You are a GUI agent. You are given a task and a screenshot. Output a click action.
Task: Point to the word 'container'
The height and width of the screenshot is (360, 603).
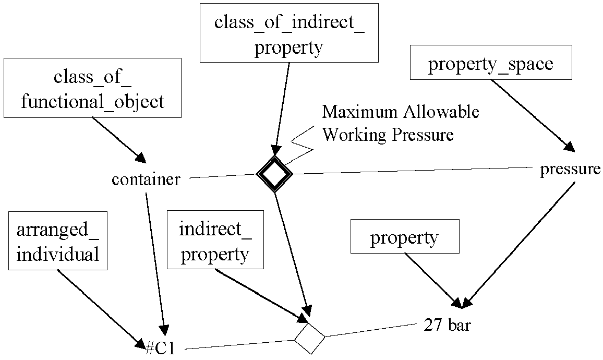[146, 179]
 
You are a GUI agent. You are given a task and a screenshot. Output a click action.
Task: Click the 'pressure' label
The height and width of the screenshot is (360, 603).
[570, 169]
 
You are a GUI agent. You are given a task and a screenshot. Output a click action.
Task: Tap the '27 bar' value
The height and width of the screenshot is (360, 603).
[447, 325]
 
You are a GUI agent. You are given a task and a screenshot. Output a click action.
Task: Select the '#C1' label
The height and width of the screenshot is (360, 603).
[161, 348]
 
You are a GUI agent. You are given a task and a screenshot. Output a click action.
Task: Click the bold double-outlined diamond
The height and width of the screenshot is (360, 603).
[274, 157]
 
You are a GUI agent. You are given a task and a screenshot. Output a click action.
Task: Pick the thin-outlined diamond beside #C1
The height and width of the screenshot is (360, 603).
[309, 324]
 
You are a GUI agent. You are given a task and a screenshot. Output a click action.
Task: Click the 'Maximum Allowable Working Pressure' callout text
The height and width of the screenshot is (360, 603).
[400, 123]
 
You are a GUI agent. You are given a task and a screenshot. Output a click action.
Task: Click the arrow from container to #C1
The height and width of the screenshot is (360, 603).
[155, 264]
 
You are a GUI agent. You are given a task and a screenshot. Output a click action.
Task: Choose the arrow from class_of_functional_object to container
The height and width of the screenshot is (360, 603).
[119, 140]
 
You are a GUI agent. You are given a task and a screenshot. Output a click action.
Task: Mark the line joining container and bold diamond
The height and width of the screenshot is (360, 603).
[223, 176]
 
